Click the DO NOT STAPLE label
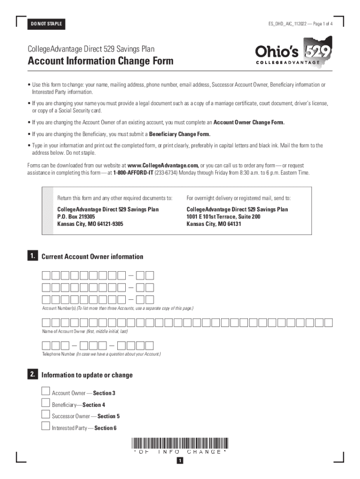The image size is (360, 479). (x=46, y=24)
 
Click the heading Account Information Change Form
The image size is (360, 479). (x=101, y=61)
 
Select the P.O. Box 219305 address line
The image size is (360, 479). (x=76, y=217)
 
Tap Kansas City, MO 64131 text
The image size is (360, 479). (x=214, y=224)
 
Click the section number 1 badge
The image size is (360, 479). (x=32, y=256)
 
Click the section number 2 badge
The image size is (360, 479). (x=32, y=374)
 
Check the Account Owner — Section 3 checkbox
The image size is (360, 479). (x=45, y=392)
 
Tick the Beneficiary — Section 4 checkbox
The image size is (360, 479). (x=45, y=403)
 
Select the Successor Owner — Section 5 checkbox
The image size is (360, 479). (x=45, y=414)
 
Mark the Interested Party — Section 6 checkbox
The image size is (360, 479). (x=45, y=426)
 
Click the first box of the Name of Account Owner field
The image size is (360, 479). (x=46, y=322)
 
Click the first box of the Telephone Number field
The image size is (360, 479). (x=46, y=346)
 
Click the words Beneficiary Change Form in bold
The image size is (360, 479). (x=180, y=134)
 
